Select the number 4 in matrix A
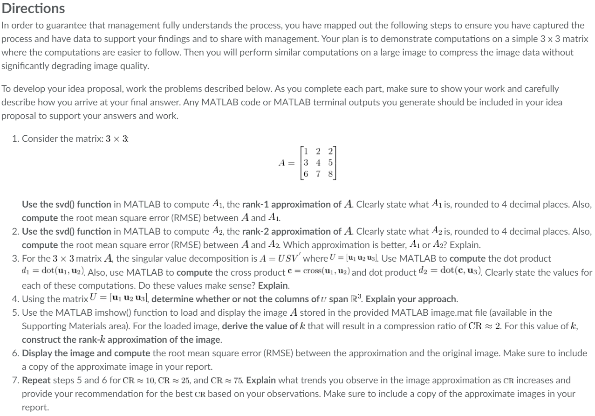[x=318, y=162]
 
